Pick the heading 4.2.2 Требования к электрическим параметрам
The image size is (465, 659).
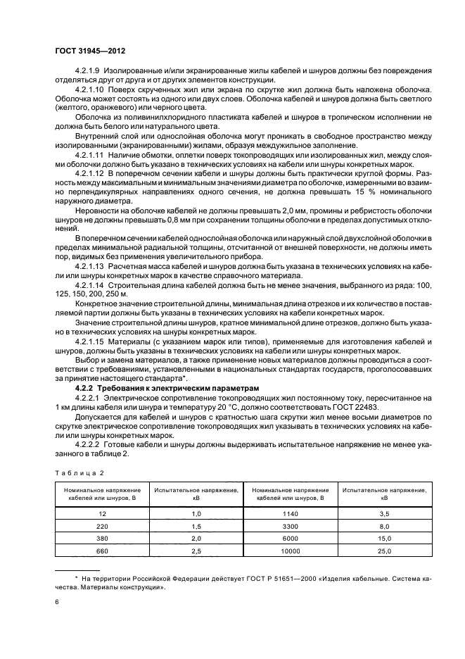158,388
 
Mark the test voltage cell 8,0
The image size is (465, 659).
384,527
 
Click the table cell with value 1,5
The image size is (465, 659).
196,527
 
